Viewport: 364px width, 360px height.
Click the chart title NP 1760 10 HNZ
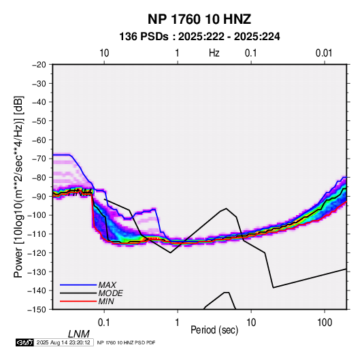pos(199,19)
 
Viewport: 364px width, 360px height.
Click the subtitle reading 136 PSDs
pos(144,37)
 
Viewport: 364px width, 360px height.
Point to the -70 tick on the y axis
pos(39,159)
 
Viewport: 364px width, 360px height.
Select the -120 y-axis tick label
pos(37,252)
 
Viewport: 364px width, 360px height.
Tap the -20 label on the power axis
pos(39,65)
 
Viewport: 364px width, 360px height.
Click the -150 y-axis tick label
pos(37,310)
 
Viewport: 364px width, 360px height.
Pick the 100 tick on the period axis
pos(325,323)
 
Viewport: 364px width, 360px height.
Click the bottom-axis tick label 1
pos(178,323)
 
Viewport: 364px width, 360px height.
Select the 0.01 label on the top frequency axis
pos(324,53)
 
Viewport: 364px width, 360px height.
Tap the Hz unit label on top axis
pos(214,53)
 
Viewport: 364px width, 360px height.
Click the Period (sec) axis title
pos(214,330)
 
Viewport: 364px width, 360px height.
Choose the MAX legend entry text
pos(107,284)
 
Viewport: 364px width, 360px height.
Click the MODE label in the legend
pos(110,293)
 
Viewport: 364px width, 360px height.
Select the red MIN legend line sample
pos(78,301)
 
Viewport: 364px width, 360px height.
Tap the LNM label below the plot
pos(78,334)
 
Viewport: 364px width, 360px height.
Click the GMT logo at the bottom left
pos(24,342)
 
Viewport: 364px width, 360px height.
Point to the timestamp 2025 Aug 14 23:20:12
pos(63,342)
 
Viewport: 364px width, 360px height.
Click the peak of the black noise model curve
pos(226,208)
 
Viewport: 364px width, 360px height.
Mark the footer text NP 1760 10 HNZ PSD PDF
pos(126,343)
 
